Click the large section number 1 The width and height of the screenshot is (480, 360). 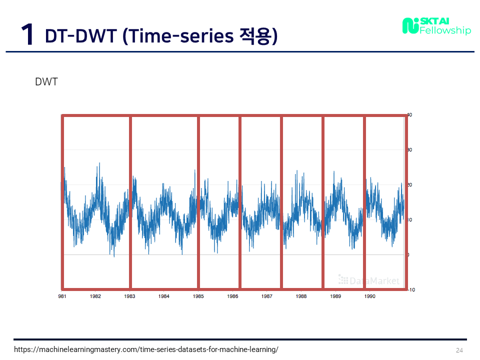pyautogui.click(x=27, y=34)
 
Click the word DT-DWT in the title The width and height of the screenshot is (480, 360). pyautogui.click(x=81, y=36)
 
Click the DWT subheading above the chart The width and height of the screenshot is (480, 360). pyautogui.click(x=46, y=81)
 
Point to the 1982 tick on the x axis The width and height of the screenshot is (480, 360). pyautogui.click(x=95, y=296)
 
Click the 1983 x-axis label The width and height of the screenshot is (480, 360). pyautogui.click(x=129, y=296)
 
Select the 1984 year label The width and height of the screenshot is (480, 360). pyautogui.click(x=164, y=296)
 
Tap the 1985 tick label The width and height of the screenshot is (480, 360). pyautogui.click(x=198, y=296)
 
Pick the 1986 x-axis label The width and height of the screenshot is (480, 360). pyautogui.click(x=232, y=296)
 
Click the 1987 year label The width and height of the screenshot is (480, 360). pyautogui.click(x=267, y=296)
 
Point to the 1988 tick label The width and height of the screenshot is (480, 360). pyautogui.click(x=301, y=296)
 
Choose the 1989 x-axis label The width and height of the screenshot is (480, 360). pyautogui.click(x=335, y=296)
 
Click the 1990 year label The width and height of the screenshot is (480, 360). pyautogui.click(x=370, y=296)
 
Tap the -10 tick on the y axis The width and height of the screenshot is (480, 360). pyautogui.click(x=411, y=289)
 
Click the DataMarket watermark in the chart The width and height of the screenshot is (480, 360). pyautogui.click(x=369, y=280)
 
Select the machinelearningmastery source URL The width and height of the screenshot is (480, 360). pyautogui.click(x=146, y=349)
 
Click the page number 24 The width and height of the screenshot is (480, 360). pyautogui.click(x=459, y=350)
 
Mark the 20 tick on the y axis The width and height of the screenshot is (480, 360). pyautogui.click(x=410, y=184)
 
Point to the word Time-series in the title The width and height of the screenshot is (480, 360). pyautogui.click(x=181, y=36)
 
